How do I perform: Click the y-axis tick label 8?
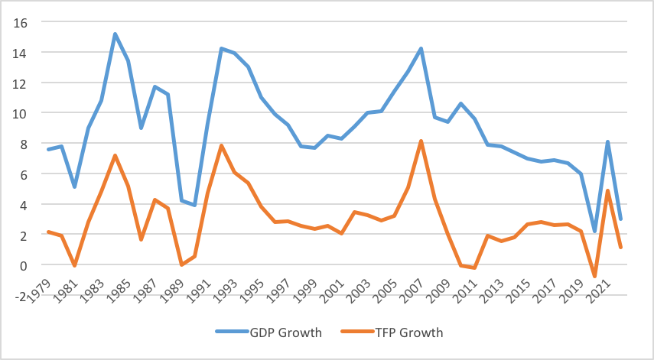coord(24,144)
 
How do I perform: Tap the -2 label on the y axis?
coord(21,296)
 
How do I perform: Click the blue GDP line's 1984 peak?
coord(115,34)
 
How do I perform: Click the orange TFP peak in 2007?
coord(421,141)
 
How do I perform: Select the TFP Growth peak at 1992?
coord(222,145)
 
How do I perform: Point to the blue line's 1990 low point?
coord(195,206)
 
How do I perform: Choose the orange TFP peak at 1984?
coord(115,156)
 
